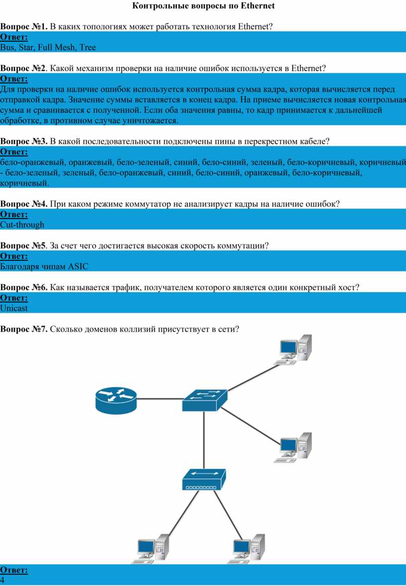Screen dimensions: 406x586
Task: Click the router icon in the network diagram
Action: (116, 400)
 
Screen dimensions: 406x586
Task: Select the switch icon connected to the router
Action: (204, 400)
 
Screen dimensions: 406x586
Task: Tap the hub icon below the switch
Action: (204, 479)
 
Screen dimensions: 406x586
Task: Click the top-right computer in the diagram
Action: (293, 350)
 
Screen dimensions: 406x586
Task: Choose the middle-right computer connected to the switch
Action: (293, 448)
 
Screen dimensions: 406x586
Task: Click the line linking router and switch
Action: (160, 399)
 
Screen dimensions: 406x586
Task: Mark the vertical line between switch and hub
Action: (204, 441)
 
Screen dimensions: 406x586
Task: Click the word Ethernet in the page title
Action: (258, 5)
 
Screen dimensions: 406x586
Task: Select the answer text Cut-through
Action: (22, 225)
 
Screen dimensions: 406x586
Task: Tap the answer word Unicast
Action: (14, 308)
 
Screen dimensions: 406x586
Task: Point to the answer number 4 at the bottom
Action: (2, 581)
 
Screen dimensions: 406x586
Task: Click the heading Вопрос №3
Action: (24, 141)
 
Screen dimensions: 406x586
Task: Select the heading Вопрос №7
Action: (24, 329)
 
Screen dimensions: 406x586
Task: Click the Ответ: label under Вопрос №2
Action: (14, 79)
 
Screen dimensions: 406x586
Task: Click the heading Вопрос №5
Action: (23, 245)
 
